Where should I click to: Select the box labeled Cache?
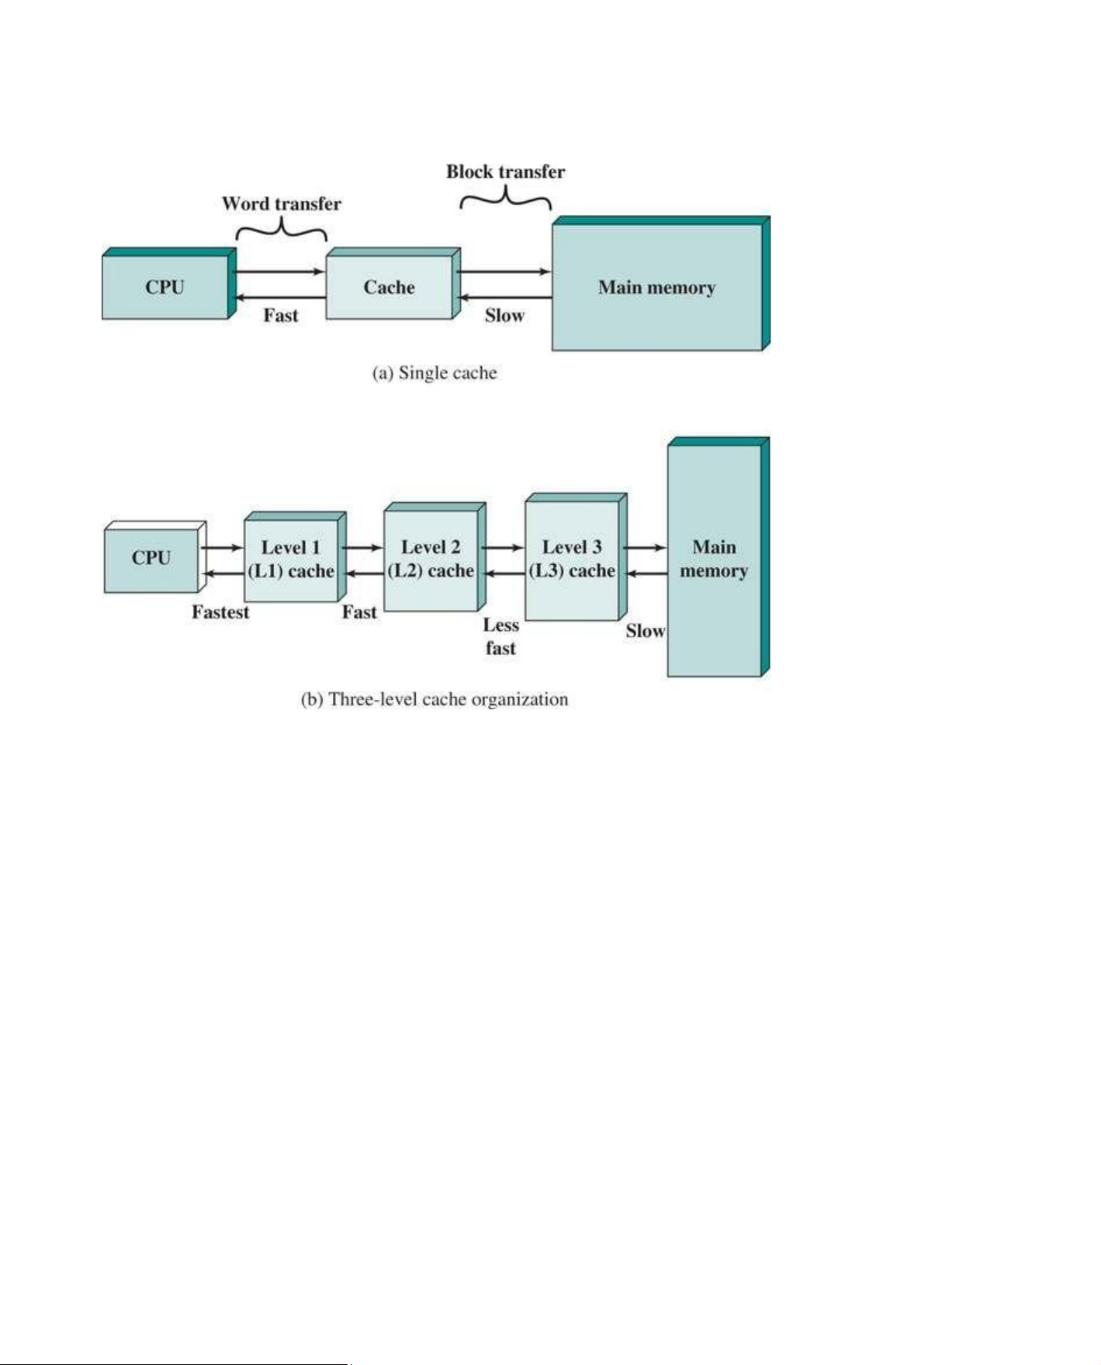pos(393,283)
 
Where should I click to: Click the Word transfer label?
pos(282,204)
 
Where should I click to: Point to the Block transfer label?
pos(505,171)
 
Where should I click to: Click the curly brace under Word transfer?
pos(282,228)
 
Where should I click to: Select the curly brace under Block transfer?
pos(506,198)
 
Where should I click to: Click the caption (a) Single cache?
pos(435,373)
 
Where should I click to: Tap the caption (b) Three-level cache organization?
pos(435,700)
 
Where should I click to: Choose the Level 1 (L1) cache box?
pos(295,556)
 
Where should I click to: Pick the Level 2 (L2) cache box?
pos(435,556)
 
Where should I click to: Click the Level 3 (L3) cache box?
pos(576,556)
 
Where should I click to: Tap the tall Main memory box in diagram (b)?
pos(718,556)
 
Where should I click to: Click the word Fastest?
pos(221,612)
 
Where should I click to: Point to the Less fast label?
pos(501,636)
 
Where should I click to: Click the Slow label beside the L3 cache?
pos(646,631)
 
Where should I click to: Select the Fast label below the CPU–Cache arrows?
pos(281,315)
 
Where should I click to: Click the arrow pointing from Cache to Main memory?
pos(504,272)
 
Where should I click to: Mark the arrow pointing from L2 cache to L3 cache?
pos(503,548)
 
